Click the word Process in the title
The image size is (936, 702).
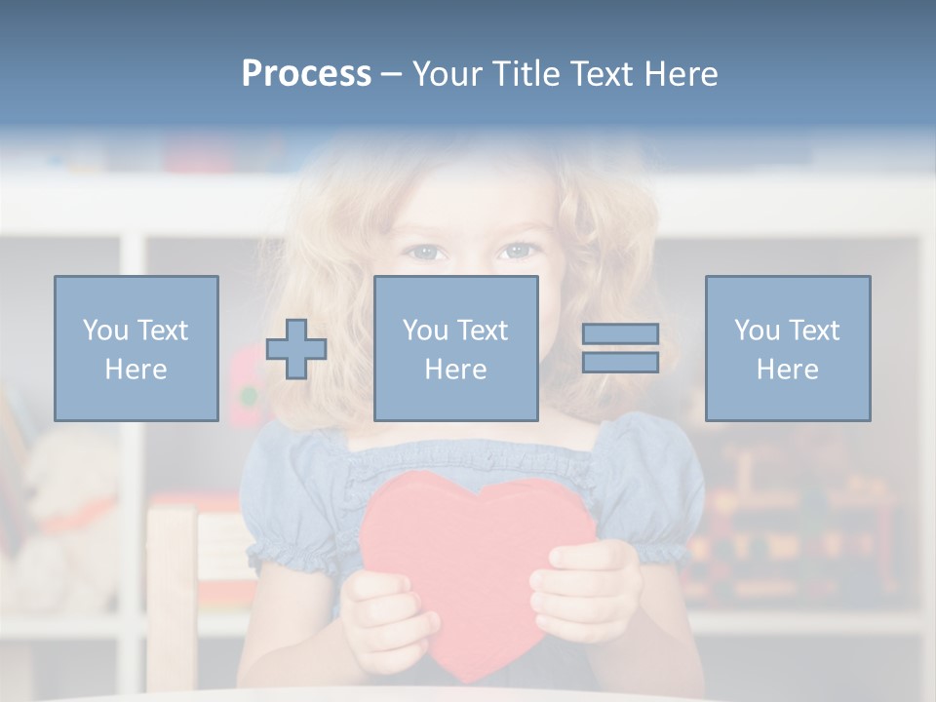click(306, 74)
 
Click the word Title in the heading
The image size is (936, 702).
click(526, 74)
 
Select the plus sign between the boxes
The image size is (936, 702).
click(296, 349)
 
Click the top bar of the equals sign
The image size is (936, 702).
click(620, 334)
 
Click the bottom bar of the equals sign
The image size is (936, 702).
click(620, 363)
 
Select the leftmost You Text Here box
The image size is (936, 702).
click(136, 348)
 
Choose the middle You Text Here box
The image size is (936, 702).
click(455, 348)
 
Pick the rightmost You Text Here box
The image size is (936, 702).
click(788, 348)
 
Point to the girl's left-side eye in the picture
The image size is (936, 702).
click(425, 253)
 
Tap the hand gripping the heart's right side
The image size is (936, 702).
click(585, 590)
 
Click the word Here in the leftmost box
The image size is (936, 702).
click(136, 370)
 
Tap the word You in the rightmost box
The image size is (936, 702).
click(757, 331)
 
